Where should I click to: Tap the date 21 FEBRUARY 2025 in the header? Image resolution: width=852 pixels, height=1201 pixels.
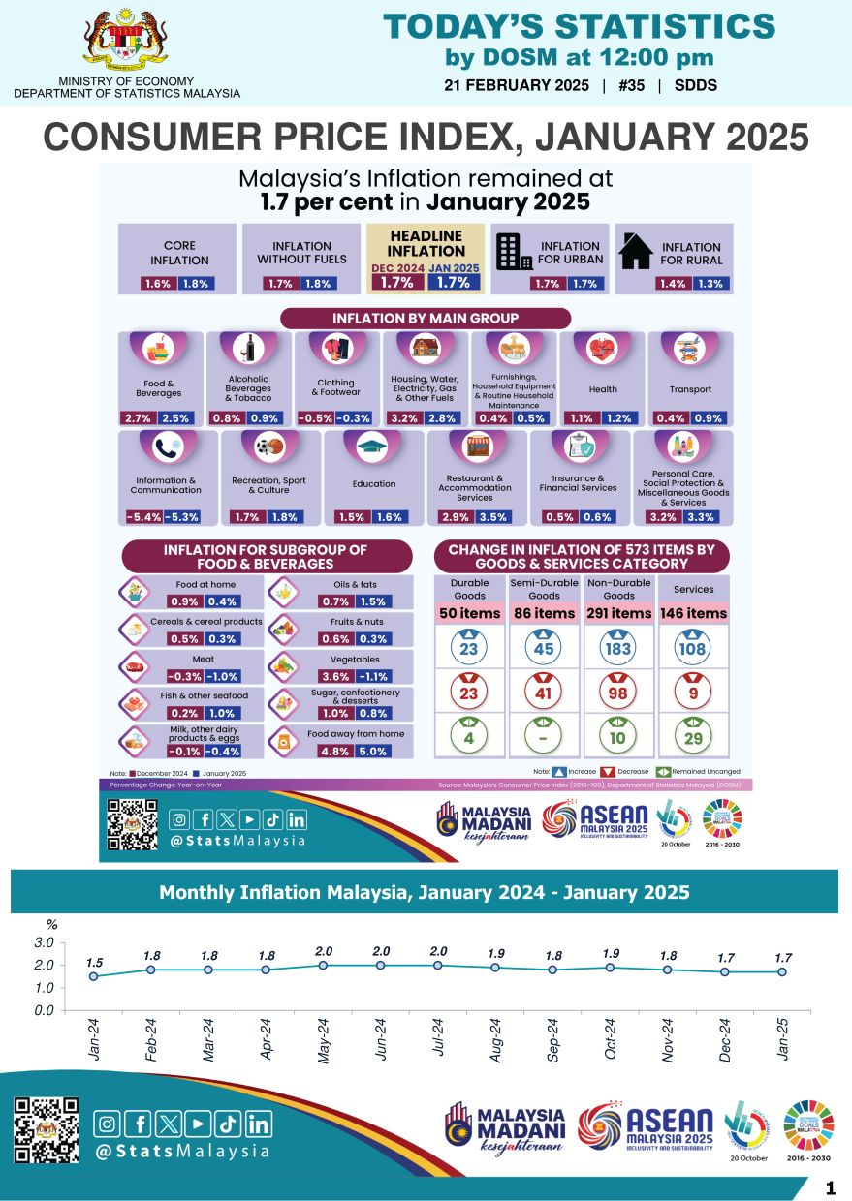coord(517,85)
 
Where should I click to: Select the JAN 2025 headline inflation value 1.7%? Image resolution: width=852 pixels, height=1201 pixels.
coord(454,283)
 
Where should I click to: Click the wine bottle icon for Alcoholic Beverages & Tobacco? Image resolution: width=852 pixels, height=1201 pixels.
coord(248,348)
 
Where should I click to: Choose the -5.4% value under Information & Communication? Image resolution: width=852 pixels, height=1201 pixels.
coord(143,517)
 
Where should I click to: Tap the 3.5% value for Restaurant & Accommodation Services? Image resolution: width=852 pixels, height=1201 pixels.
coord(499,517)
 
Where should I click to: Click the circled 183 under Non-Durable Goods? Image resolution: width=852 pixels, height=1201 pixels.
coord(618,649)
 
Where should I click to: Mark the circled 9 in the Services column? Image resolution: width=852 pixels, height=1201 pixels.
coord(693,693)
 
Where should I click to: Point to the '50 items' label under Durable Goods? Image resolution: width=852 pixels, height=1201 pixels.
coord(470,613)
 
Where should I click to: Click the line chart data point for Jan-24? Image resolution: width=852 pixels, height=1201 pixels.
coord(94,976)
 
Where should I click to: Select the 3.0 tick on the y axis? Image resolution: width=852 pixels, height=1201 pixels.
coord(45,942)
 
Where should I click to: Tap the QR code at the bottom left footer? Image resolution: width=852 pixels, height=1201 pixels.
coord(47,1129)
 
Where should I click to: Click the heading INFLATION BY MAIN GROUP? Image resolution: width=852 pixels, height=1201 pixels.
coord(426,318)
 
